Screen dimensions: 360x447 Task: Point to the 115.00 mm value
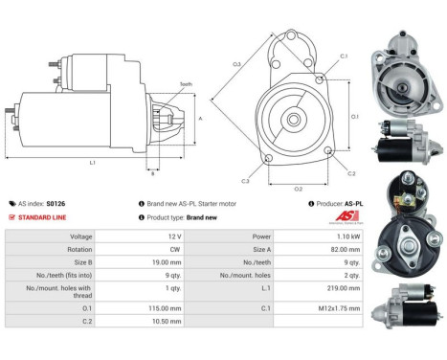140,308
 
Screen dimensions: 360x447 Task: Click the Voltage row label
81,236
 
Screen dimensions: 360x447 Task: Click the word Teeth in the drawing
185,85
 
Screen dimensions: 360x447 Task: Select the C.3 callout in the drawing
245,180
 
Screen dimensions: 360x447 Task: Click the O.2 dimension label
298,189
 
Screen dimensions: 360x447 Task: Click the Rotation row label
79,249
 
